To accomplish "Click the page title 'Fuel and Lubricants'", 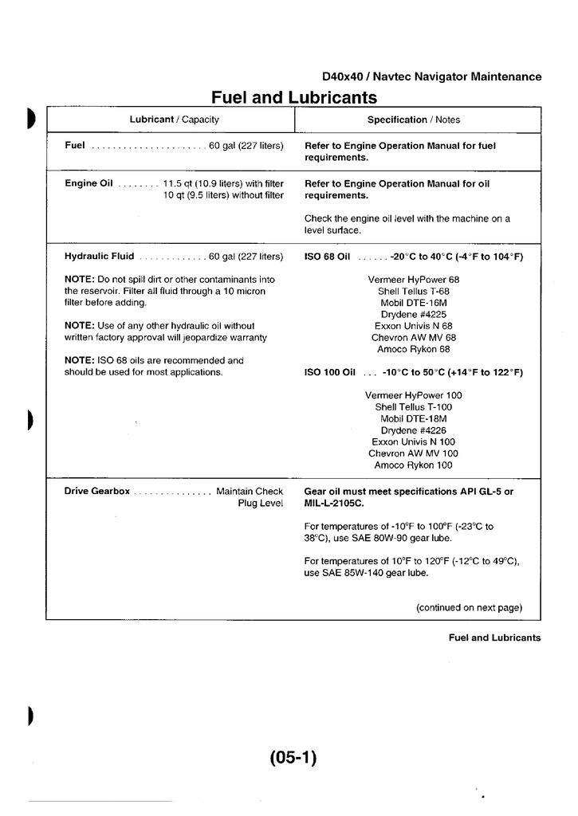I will coord(293,97).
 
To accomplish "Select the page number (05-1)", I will coord(293,758).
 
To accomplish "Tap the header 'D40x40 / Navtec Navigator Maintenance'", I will coord(431,77).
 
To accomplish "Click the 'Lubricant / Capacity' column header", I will coord(174,120).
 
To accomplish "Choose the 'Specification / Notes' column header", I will coord(413,120).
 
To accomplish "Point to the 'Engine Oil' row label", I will coord(88,183).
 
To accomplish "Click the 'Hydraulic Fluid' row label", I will coord(99,257).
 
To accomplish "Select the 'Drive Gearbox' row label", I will coord(96,492).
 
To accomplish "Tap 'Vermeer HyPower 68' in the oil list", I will coord(413,280).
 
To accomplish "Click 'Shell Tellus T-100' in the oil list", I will coord(413,407).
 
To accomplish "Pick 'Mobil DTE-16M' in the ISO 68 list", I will coord(413,303).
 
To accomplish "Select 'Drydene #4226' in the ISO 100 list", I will coord(413,430).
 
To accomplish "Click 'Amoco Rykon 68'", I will coord(413,349).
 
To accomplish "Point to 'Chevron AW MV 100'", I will coord(413,453).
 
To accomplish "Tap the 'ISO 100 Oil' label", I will coord(329,372).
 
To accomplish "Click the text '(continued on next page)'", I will coord(469,607).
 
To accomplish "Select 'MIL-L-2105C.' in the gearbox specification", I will coord(332,504).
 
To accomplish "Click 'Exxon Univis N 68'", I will coord(413,326).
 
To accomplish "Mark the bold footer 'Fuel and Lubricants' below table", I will coord(494,637).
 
